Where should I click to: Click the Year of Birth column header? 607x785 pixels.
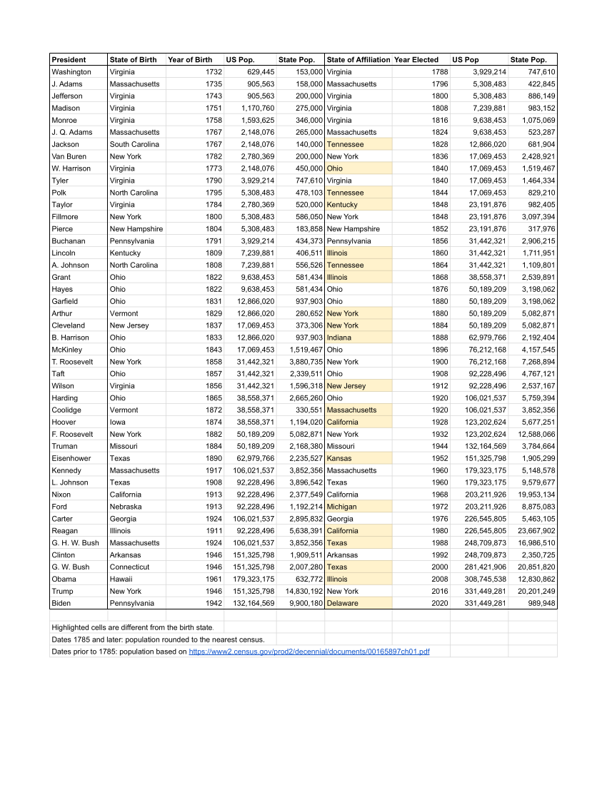[189, 60]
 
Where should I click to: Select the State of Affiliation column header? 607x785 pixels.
[358, 60]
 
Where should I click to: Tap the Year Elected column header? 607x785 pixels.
[416, 60]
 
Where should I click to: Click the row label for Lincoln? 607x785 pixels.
[64, 253]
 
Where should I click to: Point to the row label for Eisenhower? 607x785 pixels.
[71, 458]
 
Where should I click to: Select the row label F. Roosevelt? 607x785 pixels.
[72, 434]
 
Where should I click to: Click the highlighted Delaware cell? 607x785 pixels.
[343, 603]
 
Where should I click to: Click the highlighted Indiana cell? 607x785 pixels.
[339, 338]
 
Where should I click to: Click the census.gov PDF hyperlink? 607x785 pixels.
[308, 652]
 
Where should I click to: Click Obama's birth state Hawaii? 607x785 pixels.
[121, 579]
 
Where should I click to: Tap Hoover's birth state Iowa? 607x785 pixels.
[117, 422]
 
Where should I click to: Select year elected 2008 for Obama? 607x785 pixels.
[440, 579]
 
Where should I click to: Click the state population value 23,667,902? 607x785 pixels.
[532, 531]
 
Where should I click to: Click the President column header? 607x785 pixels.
[69, 60]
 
